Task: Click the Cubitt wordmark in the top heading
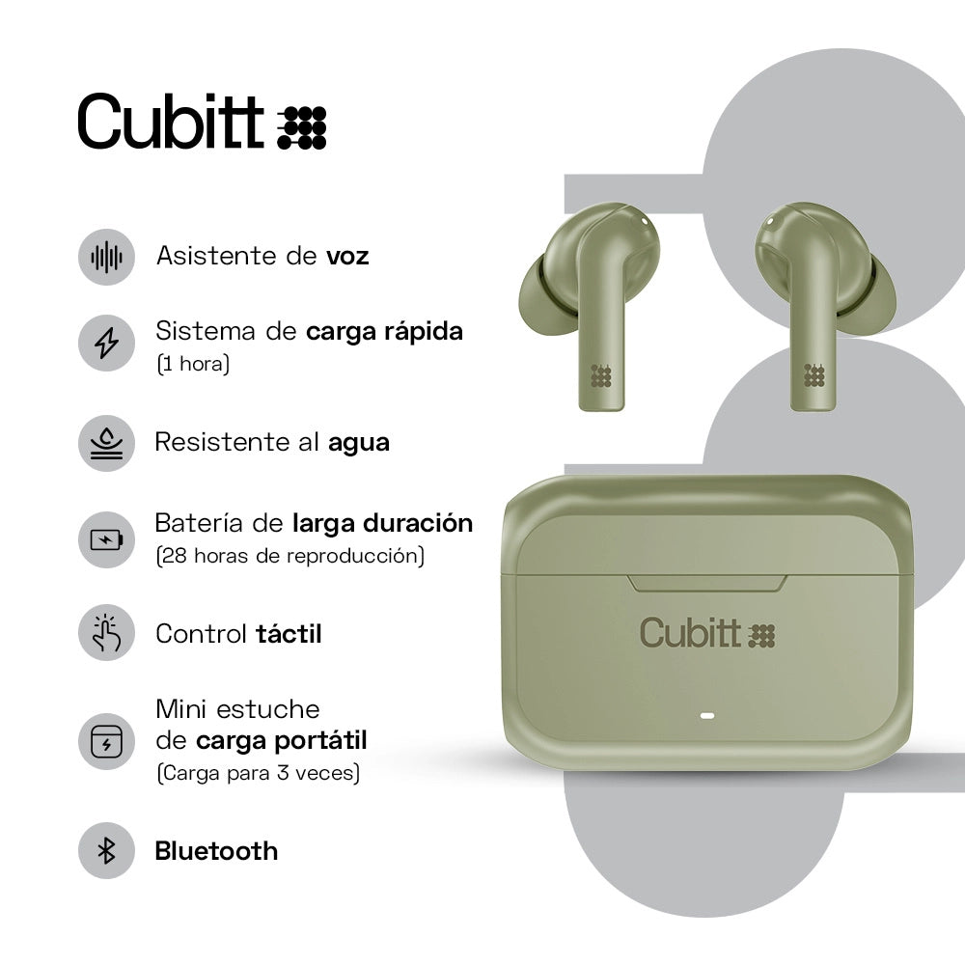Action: pos(171,123)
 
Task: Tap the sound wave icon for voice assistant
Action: pos(106,257)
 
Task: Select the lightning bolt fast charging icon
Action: pos(106,343)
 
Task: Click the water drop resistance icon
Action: pos(106,443)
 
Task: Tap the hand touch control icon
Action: pos(106,633)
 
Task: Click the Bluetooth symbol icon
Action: pos(106,850)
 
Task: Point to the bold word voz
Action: pos(347,257)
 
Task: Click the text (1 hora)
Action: pos(192,366)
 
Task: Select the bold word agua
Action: pos(359,443)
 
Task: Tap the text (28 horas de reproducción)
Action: pos(289,556)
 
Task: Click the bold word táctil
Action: pos(289,634)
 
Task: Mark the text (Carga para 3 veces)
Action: pos(258,773)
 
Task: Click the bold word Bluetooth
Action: pos(216,851)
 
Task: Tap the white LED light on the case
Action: pos(706,718)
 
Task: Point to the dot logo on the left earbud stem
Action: pos(601,375)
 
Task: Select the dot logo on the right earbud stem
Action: pos(814,375)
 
